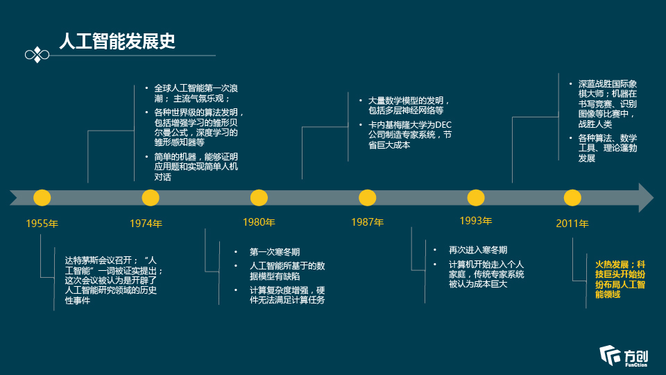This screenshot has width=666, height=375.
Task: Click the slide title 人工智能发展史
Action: tap(117, 41)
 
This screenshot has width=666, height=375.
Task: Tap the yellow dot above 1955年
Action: tap(42, 198)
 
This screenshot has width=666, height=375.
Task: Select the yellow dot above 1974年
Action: tap(151, 198)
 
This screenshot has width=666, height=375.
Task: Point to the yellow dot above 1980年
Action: tap(259, 198)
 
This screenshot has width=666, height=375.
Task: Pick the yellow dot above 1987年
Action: tap(368, 198)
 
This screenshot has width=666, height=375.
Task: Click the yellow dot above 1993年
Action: tap(476, 198)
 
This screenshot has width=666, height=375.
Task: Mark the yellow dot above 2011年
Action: tap(572, 198)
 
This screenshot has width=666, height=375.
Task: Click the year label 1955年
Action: tap(42, 224)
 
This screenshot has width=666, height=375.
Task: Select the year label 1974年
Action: tap(146, 224)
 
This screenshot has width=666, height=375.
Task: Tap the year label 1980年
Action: tap(259, 222)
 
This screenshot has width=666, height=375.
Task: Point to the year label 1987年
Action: tap(368, 222)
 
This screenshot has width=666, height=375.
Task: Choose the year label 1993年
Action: tap(476, 221)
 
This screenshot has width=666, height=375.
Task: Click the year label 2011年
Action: tap(572, 224)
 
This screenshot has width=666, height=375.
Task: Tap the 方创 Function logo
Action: tap(624, 356)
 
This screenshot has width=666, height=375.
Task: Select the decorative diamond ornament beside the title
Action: tap(37, 55)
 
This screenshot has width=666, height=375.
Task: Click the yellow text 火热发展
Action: tap(612, 265)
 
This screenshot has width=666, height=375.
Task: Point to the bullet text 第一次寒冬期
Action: tap(275, 252)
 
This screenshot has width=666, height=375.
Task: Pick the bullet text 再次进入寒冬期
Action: tap(478, 250)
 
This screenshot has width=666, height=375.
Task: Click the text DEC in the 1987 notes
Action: tap(443, 125)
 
